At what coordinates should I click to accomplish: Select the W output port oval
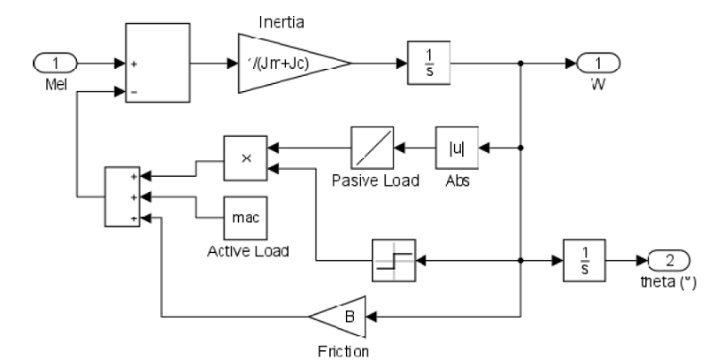pyautogui.click(x=597, y=63)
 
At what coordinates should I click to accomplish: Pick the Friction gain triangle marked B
pyautogui.click(x=337, y=315)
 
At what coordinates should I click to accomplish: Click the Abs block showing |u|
pyautogui.click(x=457, y=148)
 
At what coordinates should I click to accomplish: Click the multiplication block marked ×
pyautogui.click(x=245, y=156)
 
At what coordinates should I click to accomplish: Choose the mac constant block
pyautogui.click(x=245, y=217)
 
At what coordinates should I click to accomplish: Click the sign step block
pyautogui.click(x=393, y=262)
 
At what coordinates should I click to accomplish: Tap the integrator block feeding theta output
pyautogui.click(x=585, y=261)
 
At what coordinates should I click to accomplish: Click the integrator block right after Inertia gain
pyautogui.click(x=429, y=63)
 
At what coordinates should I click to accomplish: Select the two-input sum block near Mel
pyautogui.click(x=158, y=63)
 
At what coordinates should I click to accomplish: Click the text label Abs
pyautogui.click(x=457, y=180)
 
